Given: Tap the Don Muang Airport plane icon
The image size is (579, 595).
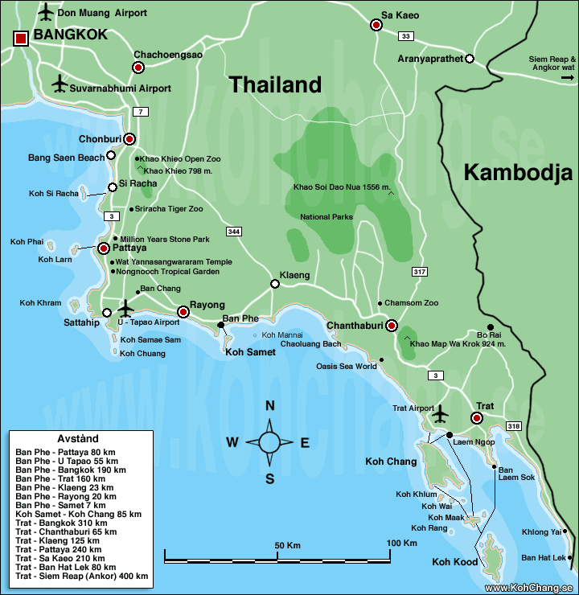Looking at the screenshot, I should point(45,13).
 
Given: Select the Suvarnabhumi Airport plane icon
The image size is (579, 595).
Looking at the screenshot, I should point(59,84).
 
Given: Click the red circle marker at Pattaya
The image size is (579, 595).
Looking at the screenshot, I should point(104,249).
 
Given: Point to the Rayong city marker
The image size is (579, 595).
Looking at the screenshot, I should point(183,312).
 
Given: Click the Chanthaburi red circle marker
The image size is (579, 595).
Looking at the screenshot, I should point(391,326).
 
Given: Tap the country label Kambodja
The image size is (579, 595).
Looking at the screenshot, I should point(517,172).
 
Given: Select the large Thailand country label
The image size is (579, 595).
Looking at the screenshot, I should point(275,84).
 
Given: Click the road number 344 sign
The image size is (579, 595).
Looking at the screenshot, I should point(234,232).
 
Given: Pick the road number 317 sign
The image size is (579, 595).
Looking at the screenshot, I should point(418,271).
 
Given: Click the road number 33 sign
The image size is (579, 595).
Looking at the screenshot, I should point(406,36).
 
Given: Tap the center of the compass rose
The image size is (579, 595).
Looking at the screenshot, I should point(269,441).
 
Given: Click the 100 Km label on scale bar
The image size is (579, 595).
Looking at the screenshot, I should point(401,544).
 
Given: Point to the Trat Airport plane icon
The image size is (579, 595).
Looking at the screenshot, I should point(439,412).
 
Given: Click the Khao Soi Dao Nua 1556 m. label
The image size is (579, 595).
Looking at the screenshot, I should point(342,187).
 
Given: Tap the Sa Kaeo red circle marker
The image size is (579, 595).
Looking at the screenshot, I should point(376,25).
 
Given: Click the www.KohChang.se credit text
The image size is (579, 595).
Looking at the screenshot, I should point(530,588).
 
